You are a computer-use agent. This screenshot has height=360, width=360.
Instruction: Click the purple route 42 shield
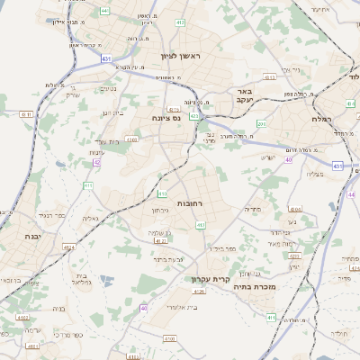(96, 163)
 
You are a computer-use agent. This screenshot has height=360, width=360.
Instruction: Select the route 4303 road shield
(131, 139)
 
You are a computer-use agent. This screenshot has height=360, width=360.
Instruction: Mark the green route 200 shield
(262, 124)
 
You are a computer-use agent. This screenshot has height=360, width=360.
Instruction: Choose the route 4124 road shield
(161, 241)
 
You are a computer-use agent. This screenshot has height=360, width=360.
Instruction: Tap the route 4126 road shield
(200, 292)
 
